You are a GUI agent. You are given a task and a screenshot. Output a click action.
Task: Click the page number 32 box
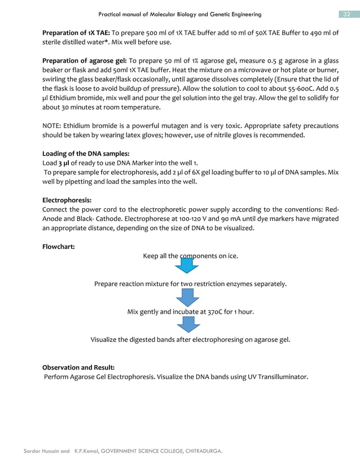point(345,14)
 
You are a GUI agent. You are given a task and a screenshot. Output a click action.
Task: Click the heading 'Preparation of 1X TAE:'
point(77,33)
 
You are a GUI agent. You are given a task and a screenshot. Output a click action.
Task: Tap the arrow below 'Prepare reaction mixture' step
point(185,296)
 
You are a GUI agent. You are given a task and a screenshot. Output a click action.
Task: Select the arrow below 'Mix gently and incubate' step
point(185,324)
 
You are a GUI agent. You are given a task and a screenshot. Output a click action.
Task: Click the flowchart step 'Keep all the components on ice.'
point(190,256)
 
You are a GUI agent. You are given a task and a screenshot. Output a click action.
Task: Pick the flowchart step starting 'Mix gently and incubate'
point(190,312)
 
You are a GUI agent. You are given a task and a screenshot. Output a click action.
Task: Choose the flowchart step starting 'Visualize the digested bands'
point(190,340)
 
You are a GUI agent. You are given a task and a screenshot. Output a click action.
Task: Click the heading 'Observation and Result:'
point(78,367)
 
